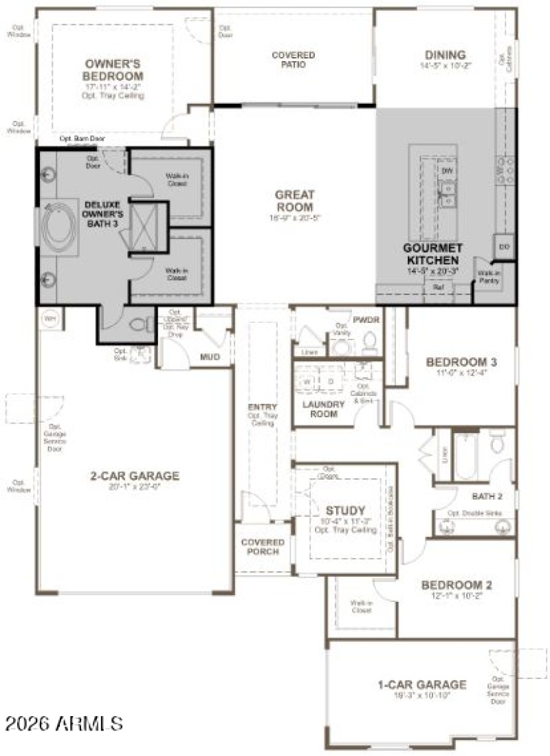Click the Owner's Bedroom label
(113, 70)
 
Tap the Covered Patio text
(293, 60)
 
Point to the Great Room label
(294, 201)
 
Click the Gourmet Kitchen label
(431, 254)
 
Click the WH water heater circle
(49, 318)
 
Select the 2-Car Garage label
(135, 475)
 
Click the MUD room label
(209, 357)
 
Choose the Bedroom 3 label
(461, 362)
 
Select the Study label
(345, 510)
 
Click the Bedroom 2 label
(456, 585)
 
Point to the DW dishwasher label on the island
(448, 170)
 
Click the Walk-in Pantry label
(489, 276)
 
